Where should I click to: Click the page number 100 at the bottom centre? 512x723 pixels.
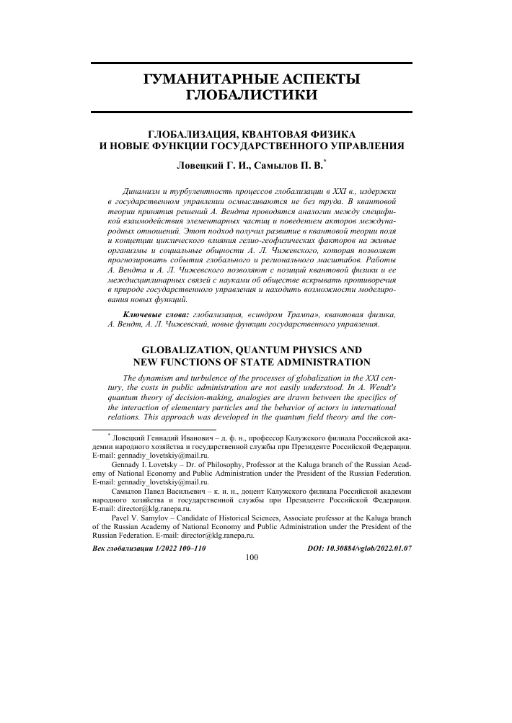coord(252,557)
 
